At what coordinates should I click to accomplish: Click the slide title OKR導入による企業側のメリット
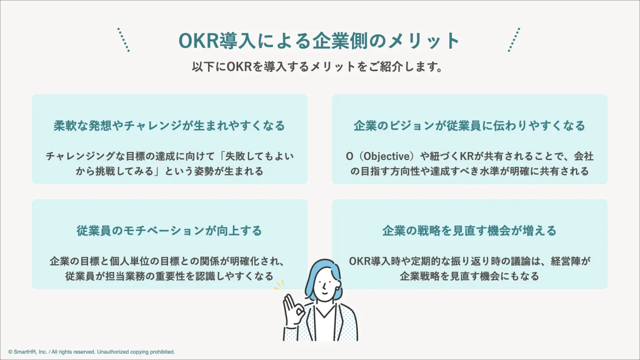[319, 41]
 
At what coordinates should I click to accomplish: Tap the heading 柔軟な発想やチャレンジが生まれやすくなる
[169, 126]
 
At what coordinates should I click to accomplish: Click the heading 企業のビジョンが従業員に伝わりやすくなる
[469, 126]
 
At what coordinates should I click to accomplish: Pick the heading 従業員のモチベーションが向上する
[169, 231]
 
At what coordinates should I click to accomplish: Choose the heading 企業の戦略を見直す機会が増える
[469, 231]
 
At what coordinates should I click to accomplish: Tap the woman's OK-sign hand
[293, 311]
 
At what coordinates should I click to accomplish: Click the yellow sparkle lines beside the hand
[279, 285]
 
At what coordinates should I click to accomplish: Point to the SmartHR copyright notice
[92, 352]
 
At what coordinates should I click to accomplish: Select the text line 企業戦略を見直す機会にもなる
[469, 276]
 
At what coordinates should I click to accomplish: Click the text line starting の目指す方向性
[469, 171]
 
